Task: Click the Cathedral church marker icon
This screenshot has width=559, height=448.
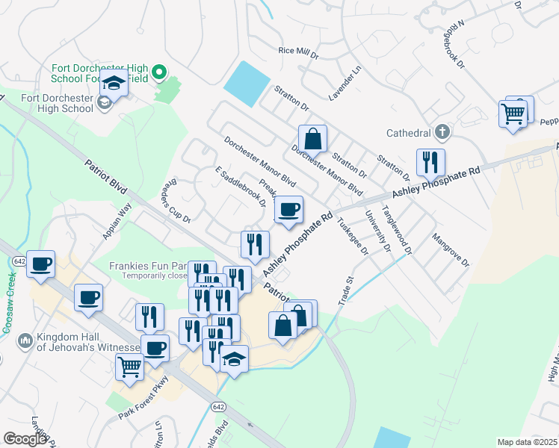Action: tap(442, 133)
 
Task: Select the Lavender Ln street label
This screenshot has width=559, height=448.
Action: tap(345, 84)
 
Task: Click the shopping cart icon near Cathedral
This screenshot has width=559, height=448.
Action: tap(513, 113)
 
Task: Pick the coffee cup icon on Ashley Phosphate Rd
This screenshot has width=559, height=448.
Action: tap(289, 210)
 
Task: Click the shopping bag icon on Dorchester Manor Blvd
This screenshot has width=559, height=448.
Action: tap(312, 138)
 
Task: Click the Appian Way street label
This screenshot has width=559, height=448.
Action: tap(117, 221)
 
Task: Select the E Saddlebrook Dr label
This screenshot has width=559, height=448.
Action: tap(241, 187)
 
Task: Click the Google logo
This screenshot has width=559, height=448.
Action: tap(25, 439)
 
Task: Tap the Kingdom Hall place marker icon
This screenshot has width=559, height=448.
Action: tap(24, 340)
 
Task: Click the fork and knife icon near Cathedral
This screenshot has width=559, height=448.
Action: tap(430, 162)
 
